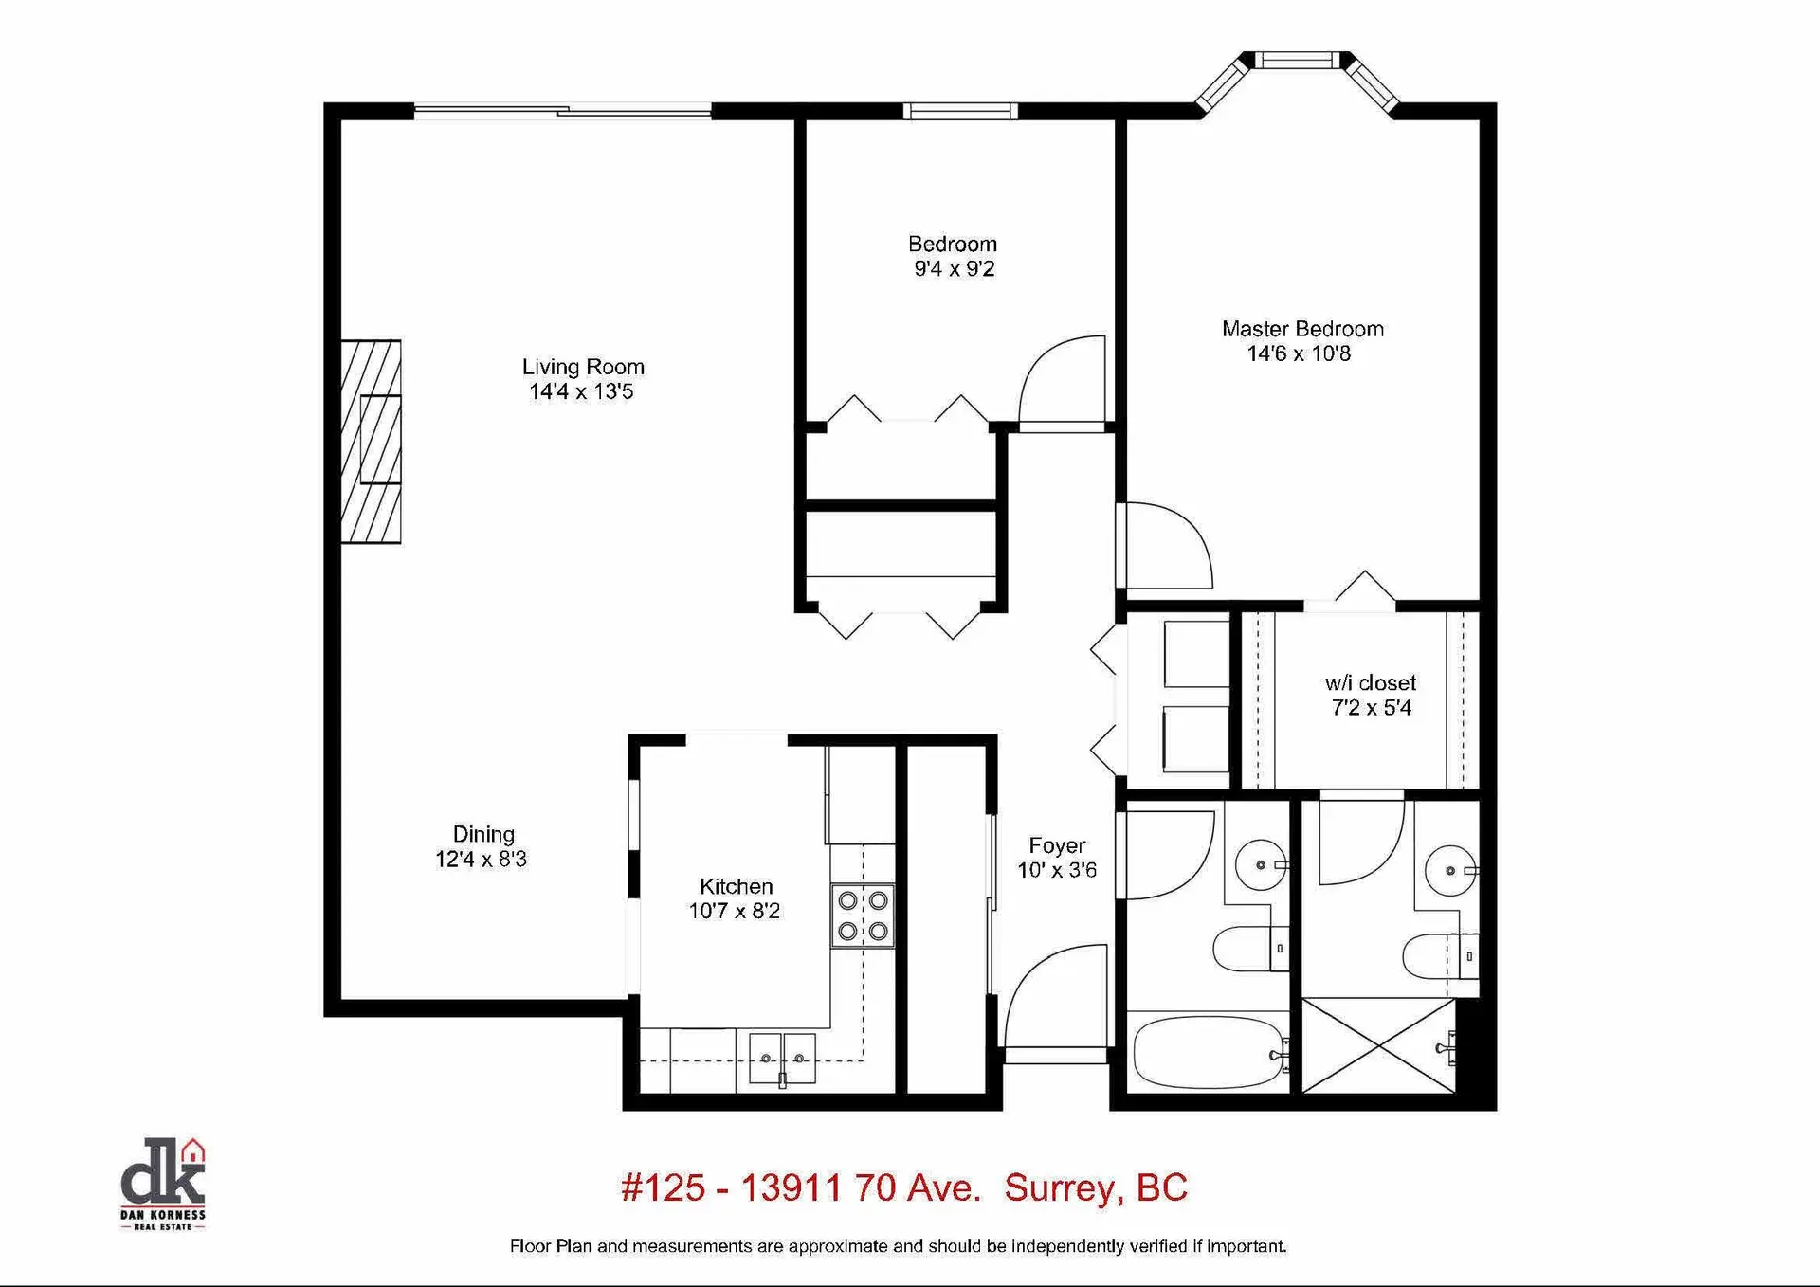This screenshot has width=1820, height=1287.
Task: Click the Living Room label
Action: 583,367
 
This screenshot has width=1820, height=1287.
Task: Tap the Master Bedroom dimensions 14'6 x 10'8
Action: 1299,354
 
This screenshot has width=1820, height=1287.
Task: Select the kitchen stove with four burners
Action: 863,915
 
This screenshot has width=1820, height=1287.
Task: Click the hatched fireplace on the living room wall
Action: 371,442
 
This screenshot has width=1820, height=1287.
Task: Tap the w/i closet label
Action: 1370,683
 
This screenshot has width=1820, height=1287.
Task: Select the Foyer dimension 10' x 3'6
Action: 1056,870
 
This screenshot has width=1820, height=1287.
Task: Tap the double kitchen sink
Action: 782,1059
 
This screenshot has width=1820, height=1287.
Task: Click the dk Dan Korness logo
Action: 163,1184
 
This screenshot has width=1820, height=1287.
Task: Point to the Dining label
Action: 483,834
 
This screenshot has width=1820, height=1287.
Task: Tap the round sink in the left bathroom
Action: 1260,864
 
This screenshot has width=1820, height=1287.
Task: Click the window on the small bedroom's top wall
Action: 959,111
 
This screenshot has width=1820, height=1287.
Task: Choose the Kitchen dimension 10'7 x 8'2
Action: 734,912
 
